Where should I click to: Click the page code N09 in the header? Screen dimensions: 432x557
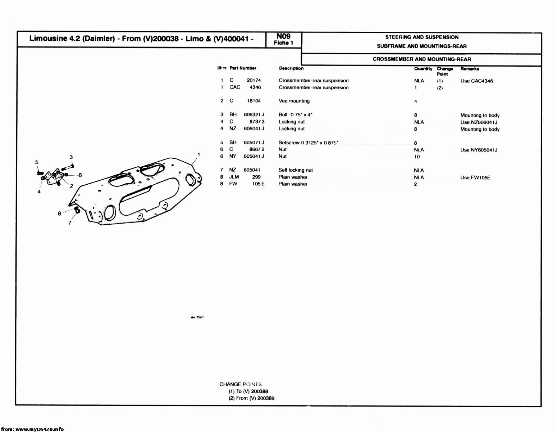(283, 36)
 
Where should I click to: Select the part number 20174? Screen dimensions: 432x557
(254, 80)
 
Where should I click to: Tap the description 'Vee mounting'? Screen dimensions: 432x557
(294, 101)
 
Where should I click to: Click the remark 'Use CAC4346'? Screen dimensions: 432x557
(476, 81)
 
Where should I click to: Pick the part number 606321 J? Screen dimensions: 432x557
(254, 115)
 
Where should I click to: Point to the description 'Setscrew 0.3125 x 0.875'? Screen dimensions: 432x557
(308, 143)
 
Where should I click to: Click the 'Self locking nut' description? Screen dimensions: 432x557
(295, 170)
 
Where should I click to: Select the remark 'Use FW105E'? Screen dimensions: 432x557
(475, 177)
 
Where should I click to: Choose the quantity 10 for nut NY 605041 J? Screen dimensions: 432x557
(417, 157)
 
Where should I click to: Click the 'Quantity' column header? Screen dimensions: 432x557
(423, 69)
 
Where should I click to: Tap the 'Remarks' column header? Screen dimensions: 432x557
(470, 69)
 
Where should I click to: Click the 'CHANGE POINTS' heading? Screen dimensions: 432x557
(241, 384)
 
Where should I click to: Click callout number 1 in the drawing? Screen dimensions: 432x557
(198, 154)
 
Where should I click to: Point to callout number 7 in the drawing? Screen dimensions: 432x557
(70, 223)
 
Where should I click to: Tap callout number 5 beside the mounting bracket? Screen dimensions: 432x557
(37, 162)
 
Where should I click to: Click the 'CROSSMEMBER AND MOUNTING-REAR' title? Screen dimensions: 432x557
(421, 59)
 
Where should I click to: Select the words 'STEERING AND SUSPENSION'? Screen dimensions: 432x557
(421, 37)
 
